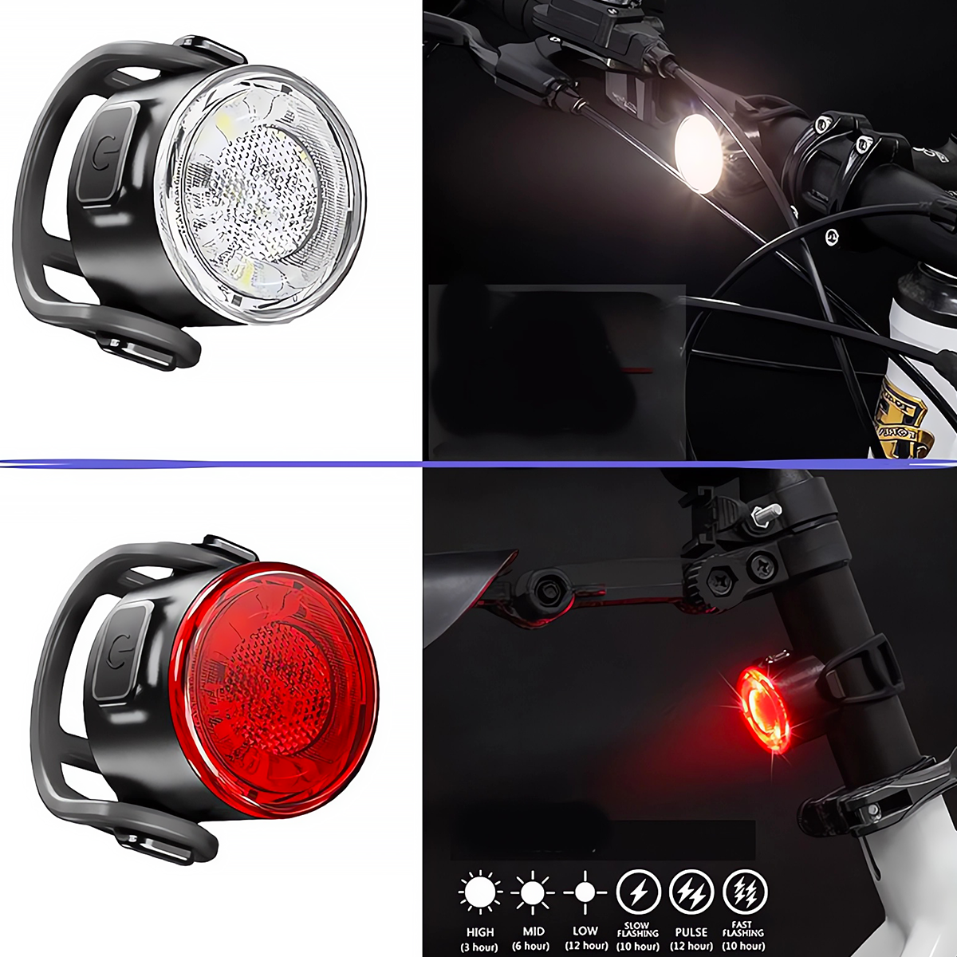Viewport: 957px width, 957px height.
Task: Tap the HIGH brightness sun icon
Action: click(480, 891)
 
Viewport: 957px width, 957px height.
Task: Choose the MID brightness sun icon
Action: click(532, 891)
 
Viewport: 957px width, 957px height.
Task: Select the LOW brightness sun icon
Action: click(585, 891)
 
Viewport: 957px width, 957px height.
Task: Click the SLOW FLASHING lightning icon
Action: click(638, 891)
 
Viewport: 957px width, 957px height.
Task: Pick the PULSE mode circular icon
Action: click(691, 891)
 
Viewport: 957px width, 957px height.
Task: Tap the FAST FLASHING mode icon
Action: click(743, 891)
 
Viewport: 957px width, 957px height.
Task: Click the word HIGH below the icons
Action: click(480, 931)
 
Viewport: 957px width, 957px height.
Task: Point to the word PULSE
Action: click(691, 931)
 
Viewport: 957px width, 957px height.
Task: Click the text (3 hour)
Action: click(480, 947)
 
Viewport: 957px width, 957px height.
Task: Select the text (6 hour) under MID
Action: click(532, 947)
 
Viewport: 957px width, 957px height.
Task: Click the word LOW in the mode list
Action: click(585, 931)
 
